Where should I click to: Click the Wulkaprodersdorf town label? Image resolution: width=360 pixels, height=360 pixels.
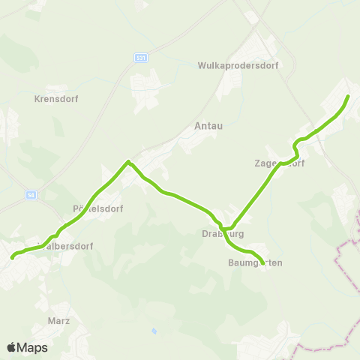point(238,65)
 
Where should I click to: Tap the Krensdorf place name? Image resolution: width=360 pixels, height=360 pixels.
point(57,98)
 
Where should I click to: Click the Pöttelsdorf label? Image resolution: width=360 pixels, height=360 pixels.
point(97,208)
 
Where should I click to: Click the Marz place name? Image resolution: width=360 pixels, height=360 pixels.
point(58,320)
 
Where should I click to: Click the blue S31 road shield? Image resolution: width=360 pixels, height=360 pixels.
point(140,57)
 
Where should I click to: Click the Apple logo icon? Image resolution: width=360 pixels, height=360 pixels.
point(12,347)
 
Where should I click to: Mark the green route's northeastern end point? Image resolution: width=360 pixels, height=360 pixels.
point(348,97)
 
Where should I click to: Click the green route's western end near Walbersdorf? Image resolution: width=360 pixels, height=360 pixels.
point(13,257)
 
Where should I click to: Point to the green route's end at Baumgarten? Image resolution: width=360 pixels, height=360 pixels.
point(262,264)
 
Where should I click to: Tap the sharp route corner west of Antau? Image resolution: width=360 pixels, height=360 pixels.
point(129,161)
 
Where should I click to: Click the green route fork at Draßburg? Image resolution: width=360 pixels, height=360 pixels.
point(223,226)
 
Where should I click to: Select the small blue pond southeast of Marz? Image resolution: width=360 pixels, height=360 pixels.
point(154,330)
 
